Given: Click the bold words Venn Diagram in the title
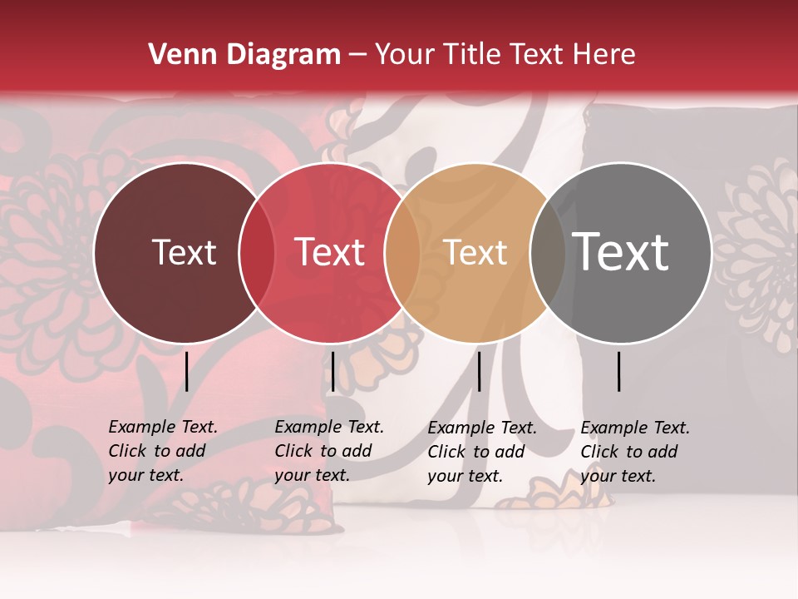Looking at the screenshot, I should [x=244, y=55].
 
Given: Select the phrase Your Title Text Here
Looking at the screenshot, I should [x=505, y=55].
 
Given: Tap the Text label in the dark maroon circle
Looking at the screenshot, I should [x=184, y=252].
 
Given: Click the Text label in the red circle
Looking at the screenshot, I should [x=329, y=252].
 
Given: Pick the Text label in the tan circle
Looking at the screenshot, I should [x=475, y=252].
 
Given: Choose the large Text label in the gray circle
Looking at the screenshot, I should [x=620, y=251].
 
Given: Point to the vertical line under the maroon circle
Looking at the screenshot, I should [x=187, y=371].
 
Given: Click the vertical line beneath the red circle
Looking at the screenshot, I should [x=332, y=371].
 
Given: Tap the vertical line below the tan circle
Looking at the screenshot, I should [x=479, y=371].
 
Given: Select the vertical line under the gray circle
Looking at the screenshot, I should [x=619, y=371].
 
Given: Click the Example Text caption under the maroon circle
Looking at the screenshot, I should [x=163, y=451].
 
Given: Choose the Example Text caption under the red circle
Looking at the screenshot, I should [x=329, y=451].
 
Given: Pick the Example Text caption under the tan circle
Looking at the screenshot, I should [x=482, y=452].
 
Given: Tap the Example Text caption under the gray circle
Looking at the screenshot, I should [x=635, y=452].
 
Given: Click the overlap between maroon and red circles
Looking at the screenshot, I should [x=257, y=252].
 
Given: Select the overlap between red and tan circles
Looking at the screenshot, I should [x=402, y=252].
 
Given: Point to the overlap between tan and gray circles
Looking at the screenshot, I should [x=548, y=252].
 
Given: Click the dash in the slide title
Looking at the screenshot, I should [x=357, y=55].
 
